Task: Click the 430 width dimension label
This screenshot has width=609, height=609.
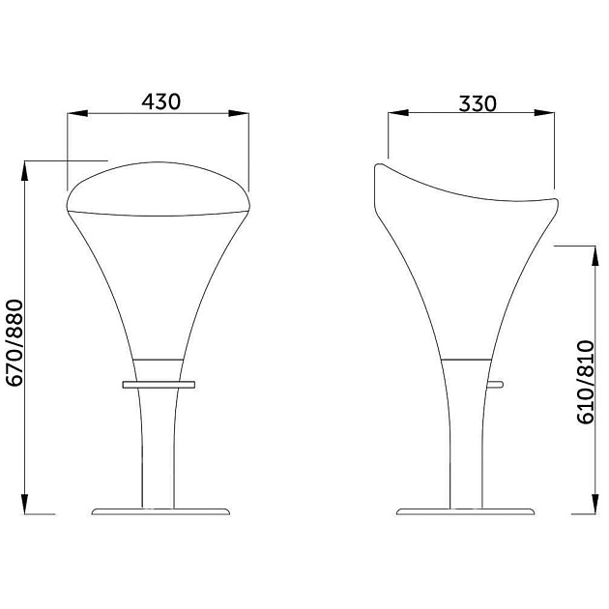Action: pyautogui.click(x=160, y=101)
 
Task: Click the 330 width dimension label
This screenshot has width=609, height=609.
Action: pyautogui.click(x=478, y=103)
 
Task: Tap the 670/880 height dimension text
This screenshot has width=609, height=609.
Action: pyautogui.click(x=15, y=343)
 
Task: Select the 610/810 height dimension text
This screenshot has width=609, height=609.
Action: pyautogui.click(x=586, y=382)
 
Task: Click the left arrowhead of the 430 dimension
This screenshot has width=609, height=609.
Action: pyautogui.click(x=77, y=113)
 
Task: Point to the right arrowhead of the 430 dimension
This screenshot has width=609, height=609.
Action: pyautogui.click(x=239, y=113)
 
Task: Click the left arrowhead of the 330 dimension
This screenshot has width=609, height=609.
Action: pyautogui.click(x=398, y=113)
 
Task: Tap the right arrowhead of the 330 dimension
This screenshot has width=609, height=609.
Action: pyautogui.click(x=544, y=113)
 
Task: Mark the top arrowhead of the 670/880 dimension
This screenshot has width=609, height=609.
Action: pyautogui.click(x=25, y=170)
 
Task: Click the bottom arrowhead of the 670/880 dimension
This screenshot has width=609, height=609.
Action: pyautogui.click(x=25, y=504)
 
